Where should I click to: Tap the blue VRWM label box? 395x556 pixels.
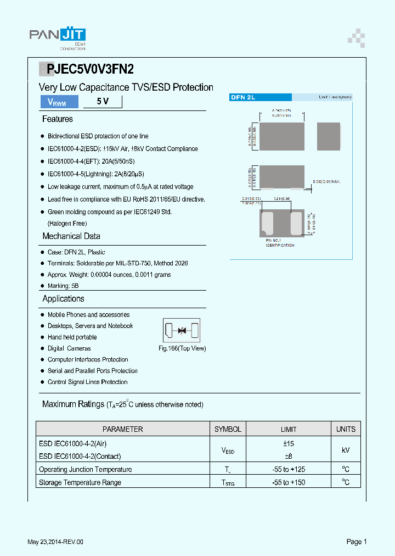[x=59, y=102]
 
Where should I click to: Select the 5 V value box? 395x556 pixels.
[x=103, y=102]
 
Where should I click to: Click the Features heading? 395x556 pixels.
[x=58, y=119]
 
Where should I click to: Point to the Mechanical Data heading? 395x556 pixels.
[x=71, y=236]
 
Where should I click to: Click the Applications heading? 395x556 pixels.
[x=64, y=299]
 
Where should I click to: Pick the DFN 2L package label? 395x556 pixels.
[x=243, y=97]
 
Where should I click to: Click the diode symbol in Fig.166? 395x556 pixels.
[x=182, y=330]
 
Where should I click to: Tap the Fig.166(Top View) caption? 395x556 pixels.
[x=182, y=348]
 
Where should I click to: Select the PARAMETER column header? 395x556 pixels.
[x=123, y=429]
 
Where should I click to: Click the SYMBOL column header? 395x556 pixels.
[x=228, y=429]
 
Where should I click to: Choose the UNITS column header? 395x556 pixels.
[x=346, y=429]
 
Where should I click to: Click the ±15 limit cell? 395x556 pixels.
[x=289, y=443]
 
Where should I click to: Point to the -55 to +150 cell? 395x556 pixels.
[x=289, y=482]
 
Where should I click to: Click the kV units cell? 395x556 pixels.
[x=346, y=449]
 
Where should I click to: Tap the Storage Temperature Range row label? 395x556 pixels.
[x=80, y=482]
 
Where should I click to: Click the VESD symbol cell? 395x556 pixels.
[x=228, y=450]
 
